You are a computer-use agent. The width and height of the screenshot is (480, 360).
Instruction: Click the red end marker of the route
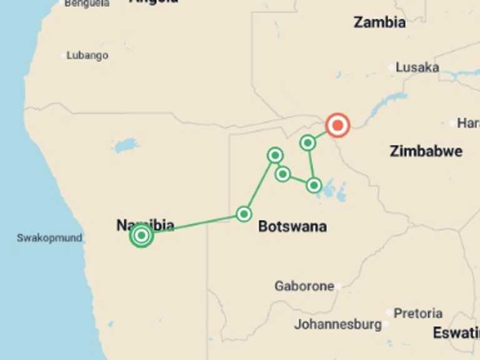point(337,126)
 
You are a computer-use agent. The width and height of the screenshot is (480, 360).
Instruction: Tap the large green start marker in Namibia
point(142,236)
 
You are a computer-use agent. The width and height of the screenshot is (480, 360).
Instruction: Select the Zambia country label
point(379,22)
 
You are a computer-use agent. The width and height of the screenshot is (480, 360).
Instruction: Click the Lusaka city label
point(417,67)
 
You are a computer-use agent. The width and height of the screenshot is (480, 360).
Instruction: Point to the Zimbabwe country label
point(426,151)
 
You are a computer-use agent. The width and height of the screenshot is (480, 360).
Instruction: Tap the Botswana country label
point(292,226)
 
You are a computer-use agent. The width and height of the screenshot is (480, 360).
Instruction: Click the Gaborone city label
point(304,286)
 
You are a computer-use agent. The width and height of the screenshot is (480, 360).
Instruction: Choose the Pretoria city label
point(418,313)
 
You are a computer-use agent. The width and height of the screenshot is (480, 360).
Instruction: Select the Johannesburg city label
point(337,325)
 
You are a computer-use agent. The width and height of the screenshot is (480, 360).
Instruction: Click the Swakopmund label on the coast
point(49,238)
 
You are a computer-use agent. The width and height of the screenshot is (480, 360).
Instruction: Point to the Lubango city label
point(87,56)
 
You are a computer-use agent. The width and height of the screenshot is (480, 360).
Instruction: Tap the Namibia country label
point(145,225)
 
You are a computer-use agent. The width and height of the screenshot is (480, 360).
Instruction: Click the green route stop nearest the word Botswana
point(244,214)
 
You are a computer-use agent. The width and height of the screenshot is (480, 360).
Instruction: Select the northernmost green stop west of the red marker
point(307,143)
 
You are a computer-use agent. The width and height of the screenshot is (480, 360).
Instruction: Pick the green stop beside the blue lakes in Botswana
point(314,185)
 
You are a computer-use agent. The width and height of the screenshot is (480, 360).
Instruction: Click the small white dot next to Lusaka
point(391,67)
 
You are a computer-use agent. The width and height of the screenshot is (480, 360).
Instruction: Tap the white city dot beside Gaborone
point(337,287)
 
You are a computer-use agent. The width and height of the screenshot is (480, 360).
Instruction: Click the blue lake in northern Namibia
point(126,146)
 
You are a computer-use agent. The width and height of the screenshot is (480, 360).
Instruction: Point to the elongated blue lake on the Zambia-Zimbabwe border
point(387,103)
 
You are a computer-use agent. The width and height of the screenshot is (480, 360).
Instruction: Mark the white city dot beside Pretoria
point(389,312)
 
